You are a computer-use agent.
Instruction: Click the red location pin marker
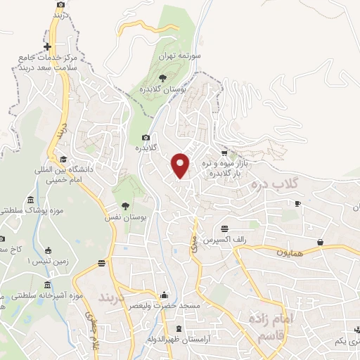coord(181,165)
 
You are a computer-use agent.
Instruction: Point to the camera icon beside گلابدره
coord(146,137)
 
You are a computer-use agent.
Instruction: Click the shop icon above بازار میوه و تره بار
coord(224,153)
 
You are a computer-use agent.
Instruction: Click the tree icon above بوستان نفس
coord(125,205)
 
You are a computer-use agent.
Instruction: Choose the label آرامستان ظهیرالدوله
coord(179,340)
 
